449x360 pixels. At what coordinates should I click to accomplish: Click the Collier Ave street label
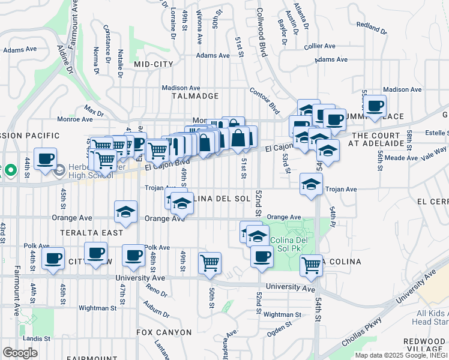click(319, 46)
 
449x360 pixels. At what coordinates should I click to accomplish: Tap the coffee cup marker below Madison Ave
click(375, 107)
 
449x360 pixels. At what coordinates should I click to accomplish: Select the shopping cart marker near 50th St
click(209, 262)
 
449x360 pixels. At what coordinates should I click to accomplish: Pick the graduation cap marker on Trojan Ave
click(311, 184)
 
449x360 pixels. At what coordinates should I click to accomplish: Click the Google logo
click(20, 353)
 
